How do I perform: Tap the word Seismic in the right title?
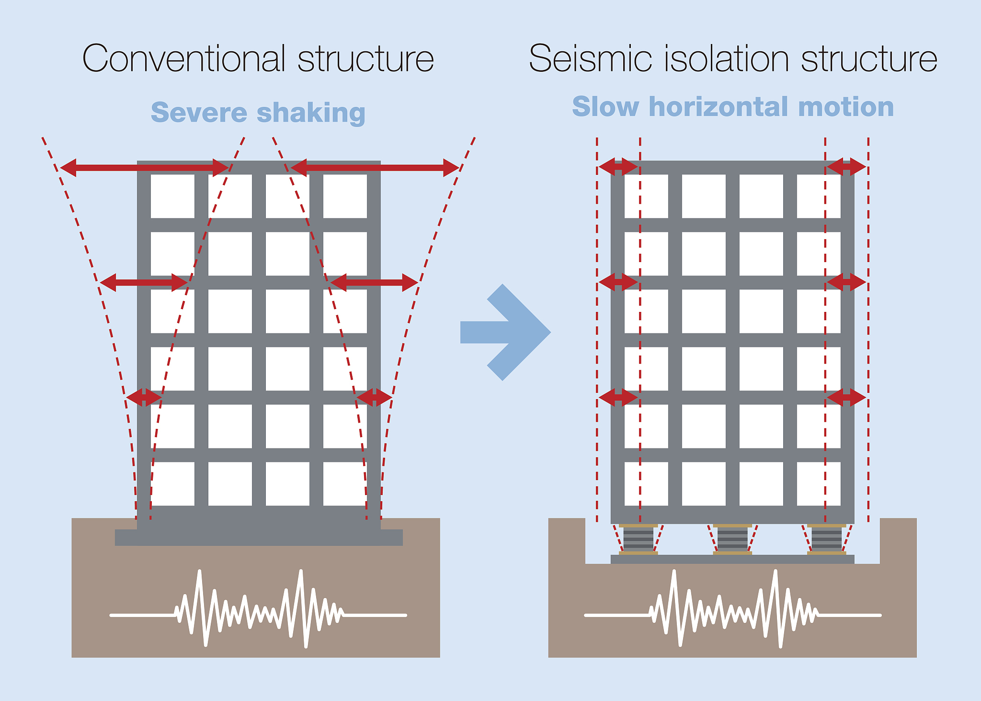click(590, 58)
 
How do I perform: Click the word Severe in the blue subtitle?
click(199, 113)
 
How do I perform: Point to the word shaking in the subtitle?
click(311, 113)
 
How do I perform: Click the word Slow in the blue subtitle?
click(605, 106)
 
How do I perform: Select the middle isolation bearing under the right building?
click(732, 540)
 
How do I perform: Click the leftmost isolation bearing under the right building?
click(638, 540)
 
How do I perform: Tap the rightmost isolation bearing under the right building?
click(826, 540)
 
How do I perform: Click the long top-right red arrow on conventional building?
click(375, 168)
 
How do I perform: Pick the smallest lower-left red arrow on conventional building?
click(144, 397)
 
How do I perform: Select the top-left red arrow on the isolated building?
click(618, 167)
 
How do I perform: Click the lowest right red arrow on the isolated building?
click(846, 397)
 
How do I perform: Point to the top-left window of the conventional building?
click(172, 196)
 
